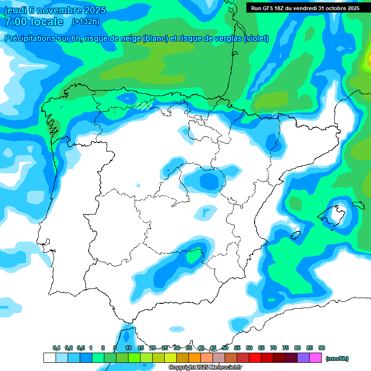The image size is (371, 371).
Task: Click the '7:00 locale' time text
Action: pos(33,22)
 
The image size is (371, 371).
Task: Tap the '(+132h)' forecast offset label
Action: pos(86,22)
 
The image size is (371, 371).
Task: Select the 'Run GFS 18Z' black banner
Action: pos(304,8)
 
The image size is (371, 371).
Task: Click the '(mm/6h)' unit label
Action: pos(337,358)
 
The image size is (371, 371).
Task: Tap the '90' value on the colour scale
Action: pos(321,348)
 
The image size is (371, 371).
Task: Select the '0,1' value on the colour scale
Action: pos(56,348)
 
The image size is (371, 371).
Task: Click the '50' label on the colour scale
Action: pos(225,348)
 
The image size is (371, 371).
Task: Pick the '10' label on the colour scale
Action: pos(128,348)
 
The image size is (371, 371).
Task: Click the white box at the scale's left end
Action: pos(49,358)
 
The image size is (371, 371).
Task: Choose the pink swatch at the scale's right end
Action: pos(315,358)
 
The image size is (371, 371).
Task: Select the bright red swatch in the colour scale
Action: pos(255,358)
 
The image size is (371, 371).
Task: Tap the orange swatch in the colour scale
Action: pos(195,358)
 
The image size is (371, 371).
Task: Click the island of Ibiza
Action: pos(296,235)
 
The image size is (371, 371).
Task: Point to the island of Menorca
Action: pos(358,205)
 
